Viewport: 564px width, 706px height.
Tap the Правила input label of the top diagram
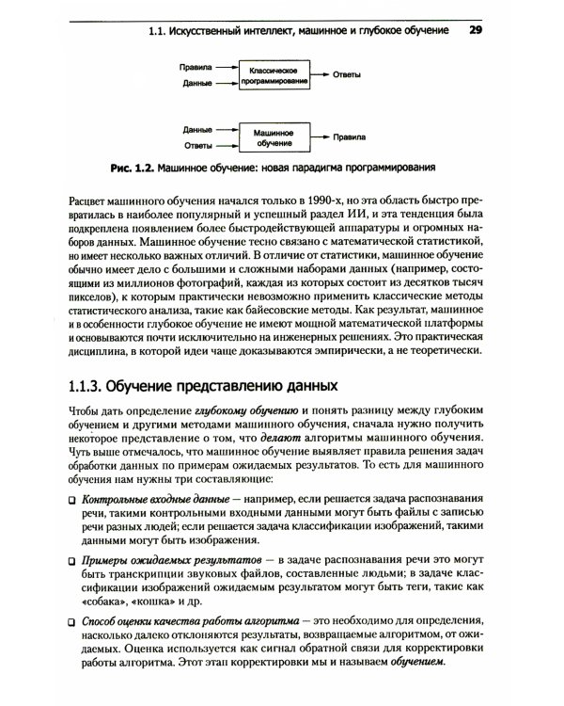(196, 69)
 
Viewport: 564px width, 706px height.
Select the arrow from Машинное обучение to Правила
(321, 136)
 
